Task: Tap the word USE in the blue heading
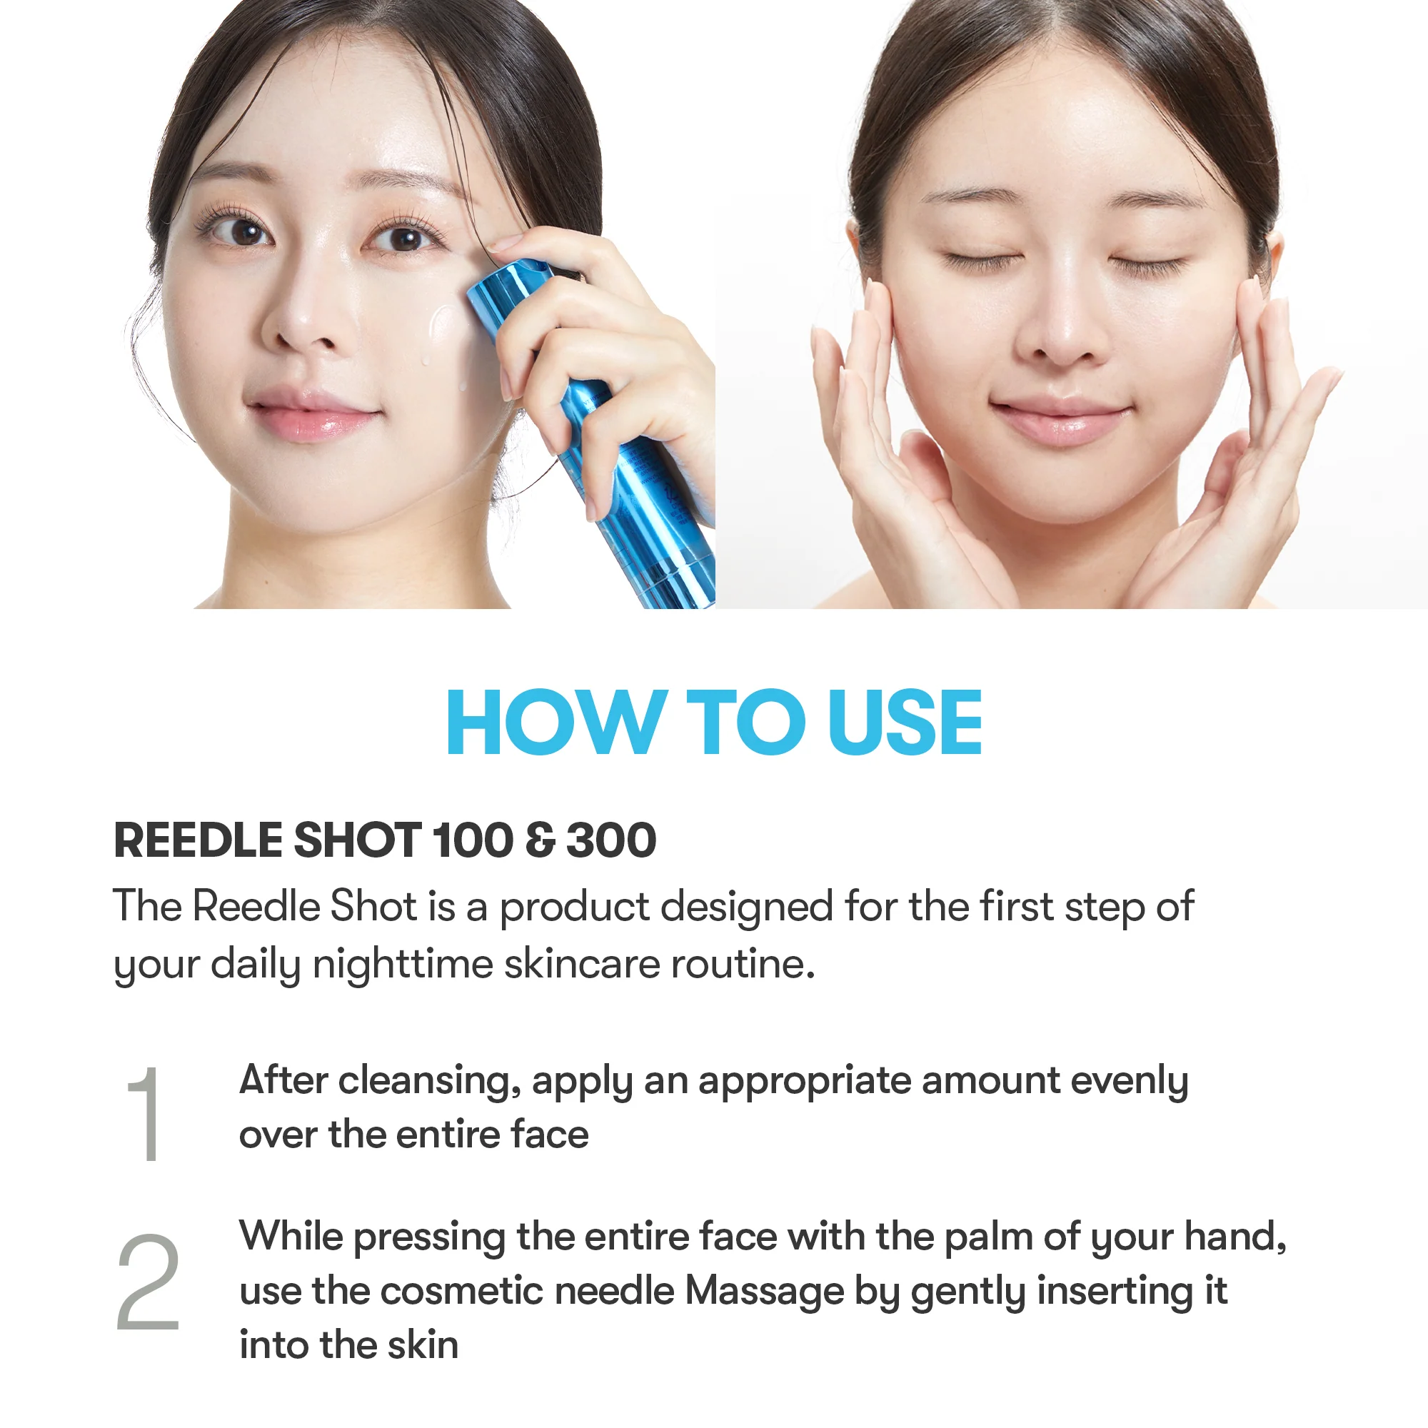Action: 905,723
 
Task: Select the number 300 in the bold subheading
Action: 610,840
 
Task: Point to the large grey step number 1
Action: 145,1115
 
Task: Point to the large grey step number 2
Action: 148,1283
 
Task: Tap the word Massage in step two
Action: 764,1291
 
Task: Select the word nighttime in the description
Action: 403,964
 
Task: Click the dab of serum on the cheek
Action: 442,325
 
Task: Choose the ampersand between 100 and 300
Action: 540,840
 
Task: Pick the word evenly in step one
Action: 1129,1081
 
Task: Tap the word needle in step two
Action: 614,1291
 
